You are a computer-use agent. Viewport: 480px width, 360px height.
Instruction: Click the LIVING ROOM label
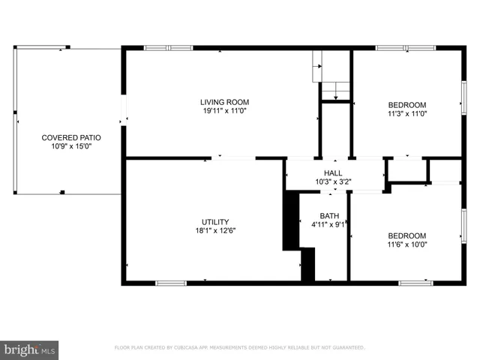coord(224,102)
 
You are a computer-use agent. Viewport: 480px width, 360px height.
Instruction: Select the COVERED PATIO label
coord(71,137)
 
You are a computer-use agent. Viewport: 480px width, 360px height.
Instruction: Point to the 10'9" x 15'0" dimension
coord(71,147)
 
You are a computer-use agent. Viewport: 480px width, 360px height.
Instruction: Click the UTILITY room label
coord(214,222)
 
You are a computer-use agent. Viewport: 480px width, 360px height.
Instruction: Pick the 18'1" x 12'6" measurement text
coord(214,232)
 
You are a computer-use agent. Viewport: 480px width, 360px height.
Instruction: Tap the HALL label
coord(333,172)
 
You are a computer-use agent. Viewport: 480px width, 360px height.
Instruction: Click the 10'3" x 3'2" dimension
coord(333,182)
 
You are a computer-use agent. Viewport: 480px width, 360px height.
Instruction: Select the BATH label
coord(329,216)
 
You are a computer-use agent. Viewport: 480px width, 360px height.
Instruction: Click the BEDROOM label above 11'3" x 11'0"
coord(406,104)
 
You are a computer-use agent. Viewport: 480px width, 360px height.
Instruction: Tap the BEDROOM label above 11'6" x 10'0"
coord(406,235)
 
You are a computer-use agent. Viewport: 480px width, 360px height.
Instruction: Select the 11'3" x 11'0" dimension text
coord(406,114)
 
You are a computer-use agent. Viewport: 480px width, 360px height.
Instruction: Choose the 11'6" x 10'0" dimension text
coord(406,244)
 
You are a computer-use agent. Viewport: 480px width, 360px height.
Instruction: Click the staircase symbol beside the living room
coord(331,76)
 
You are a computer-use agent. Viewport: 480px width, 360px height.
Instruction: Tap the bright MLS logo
coord(30,349)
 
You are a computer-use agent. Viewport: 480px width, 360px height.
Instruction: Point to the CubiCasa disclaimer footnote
coord(239,348)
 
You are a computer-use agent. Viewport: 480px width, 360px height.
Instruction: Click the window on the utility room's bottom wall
coord(170,283)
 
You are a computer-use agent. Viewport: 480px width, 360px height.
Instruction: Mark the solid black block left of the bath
coord(291,220)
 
